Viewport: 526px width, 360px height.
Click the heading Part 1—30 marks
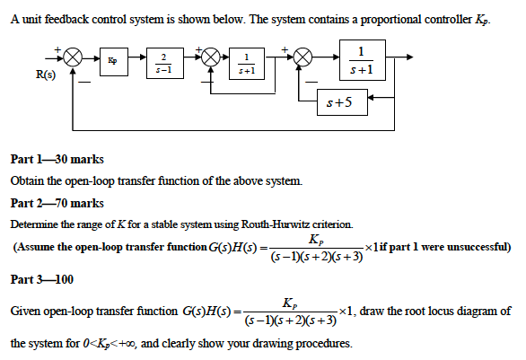[57, 159]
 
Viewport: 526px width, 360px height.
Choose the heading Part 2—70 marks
[57, 204]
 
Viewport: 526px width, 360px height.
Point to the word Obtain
[29, 181]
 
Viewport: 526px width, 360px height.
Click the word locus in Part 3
[425, 312]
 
